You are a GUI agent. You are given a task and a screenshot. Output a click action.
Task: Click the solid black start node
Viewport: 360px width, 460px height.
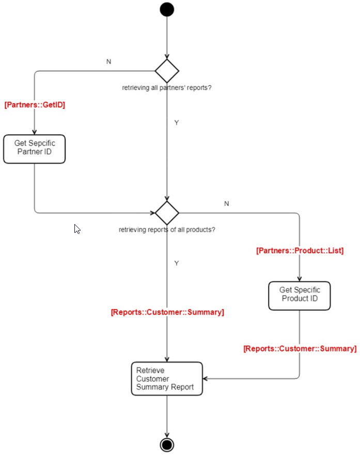click(167, 10)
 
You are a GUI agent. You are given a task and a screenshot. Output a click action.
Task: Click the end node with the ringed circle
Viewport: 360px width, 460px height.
click(167, 445)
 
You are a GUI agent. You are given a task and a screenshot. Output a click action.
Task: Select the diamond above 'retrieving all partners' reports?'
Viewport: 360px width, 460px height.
click(167, 71)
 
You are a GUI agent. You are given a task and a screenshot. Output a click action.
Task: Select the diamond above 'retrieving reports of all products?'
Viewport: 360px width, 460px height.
click(167, 213)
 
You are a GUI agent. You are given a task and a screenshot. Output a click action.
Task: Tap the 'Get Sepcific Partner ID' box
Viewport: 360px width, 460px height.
click(34, 149)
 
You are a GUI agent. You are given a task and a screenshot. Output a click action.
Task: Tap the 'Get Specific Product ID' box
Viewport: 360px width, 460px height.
click(299, 295)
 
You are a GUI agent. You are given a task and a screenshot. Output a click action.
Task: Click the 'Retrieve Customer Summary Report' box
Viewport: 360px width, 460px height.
click(167, 378)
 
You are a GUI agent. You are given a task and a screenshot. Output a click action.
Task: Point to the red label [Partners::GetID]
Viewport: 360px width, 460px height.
click(35, 105)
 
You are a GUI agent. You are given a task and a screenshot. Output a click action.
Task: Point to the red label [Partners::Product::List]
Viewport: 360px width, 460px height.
click(300, 250)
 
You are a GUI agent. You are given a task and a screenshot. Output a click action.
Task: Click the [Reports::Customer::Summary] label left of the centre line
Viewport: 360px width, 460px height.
click(167, 312)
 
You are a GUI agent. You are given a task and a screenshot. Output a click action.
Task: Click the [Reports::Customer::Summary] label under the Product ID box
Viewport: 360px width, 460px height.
click(300, 348)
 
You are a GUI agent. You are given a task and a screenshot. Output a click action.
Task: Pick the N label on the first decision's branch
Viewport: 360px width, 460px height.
click(108, 61)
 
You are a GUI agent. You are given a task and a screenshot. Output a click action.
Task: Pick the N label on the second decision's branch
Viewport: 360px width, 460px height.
click(226, 203)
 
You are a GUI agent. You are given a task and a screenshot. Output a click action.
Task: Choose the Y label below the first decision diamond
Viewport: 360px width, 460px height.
click(176, 123)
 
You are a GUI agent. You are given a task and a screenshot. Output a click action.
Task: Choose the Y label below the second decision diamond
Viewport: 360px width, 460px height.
click(176, 263)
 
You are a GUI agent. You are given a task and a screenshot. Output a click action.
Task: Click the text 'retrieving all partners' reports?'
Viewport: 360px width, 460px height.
click(166, 88)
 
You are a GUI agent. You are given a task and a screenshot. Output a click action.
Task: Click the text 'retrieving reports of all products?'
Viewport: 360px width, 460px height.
click(167, 229)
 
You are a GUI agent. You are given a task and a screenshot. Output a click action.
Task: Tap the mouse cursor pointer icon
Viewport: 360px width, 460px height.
click(77, 229)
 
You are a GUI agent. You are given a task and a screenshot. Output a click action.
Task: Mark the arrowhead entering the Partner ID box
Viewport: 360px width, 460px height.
click(34, 132)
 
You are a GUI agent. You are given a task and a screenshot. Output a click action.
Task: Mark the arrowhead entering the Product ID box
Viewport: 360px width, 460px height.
click(299, 278)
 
